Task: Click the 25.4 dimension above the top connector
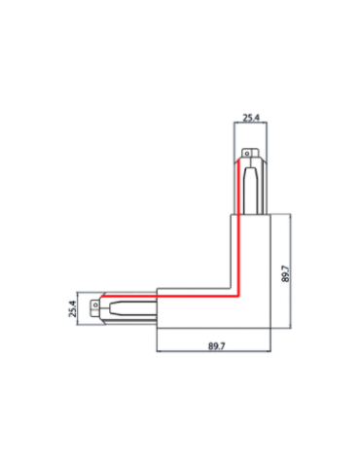coord(251,118)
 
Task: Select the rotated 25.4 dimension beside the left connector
coord(72,310)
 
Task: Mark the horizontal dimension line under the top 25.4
coord(251,126)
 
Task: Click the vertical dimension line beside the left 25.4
coord(81,310)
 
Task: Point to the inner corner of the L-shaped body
coord(231,288)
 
